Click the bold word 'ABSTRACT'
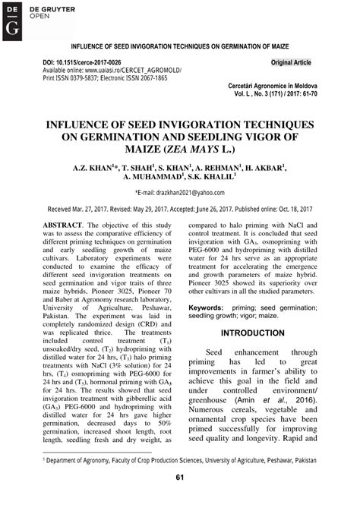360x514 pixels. click(62, 226)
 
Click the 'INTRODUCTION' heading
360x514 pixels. click(252, 333)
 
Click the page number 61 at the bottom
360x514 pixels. click(180, 478)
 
